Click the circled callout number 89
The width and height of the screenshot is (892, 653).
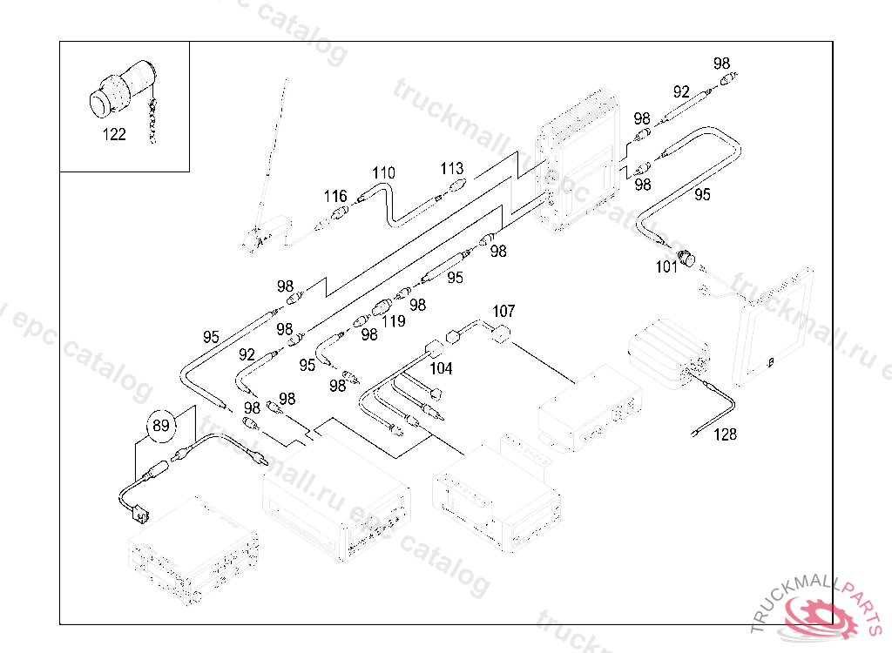160,426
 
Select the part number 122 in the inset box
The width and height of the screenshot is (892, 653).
114,135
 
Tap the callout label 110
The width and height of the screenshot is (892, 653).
384,172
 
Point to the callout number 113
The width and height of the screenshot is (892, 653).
452,169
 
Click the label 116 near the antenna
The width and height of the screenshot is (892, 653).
336,197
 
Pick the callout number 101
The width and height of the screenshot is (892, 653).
667,267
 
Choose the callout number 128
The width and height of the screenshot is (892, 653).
725,434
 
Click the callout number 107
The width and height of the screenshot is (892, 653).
504,311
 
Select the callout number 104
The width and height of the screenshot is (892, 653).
441,368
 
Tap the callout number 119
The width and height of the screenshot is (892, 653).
394,321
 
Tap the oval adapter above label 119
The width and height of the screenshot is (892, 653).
383,307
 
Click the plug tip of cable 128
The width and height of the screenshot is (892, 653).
696,433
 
